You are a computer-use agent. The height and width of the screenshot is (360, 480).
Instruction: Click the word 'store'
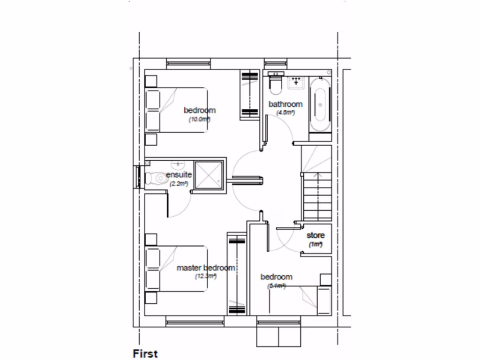click(315, 235)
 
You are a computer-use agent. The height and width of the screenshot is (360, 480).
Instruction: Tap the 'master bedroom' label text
click(205, 268)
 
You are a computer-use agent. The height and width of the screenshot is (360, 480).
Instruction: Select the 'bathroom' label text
click(285, 104)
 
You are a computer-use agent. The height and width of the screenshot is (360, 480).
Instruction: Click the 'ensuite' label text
click(179, 175)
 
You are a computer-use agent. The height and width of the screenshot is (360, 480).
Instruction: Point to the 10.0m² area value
click(199, 120)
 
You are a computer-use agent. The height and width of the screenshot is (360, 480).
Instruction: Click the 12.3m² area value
click(206, 277)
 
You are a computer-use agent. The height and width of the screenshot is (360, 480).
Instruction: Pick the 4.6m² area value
click(285, 113)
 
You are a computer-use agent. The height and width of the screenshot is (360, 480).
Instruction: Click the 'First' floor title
click(145, 353)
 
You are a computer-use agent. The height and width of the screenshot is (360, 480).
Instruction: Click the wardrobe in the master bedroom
click(236, 274)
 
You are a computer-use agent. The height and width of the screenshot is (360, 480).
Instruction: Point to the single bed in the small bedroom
click(300, 300)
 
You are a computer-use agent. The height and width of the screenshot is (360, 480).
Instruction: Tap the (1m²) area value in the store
click(315, 245)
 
